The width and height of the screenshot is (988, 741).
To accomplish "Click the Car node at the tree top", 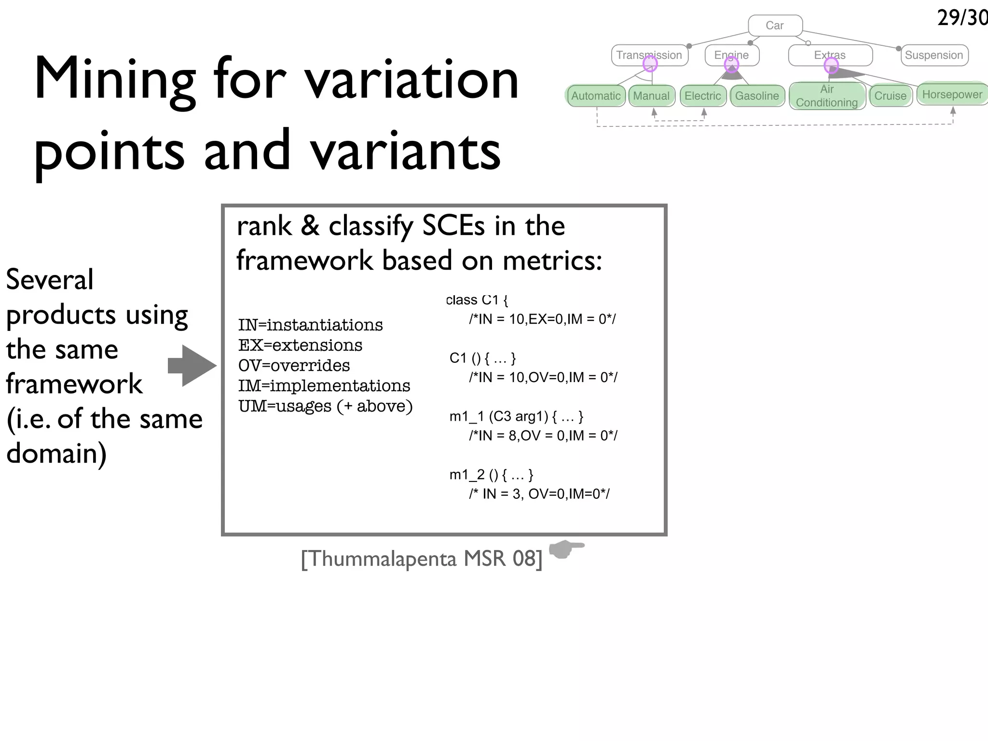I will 775,26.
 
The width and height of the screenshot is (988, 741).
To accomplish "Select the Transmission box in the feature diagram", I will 649,55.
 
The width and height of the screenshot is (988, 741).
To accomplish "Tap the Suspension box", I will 934,55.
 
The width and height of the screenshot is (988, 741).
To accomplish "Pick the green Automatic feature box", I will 596,96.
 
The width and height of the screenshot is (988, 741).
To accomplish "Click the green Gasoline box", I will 757,96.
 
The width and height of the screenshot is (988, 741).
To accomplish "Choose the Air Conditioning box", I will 827,96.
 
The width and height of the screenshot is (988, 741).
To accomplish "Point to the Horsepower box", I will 952,94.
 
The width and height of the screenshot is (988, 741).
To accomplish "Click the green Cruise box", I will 890,96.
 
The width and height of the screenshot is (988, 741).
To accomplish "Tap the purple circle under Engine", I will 731,64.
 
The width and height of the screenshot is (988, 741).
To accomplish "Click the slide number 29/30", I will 962,18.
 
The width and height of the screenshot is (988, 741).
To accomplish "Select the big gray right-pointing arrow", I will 192,366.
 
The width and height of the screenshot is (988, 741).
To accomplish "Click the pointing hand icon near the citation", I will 566,549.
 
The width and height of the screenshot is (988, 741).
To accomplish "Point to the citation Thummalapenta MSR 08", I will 422,559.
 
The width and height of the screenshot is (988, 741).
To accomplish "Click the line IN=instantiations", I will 310,325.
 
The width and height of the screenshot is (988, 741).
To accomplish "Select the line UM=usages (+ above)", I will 325,406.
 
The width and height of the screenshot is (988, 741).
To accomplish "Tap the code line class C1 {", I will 477,300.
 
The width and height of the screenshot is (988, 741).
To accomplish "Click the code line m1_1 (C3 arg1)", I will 516,416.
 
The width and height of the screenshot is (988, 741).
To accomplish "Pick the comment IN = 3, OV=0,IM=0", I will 539,494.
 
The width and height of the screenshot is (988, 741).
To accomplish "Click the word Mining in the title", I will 115,79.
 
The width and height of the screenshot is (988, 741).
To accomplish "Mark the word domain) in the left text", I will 56,454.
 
